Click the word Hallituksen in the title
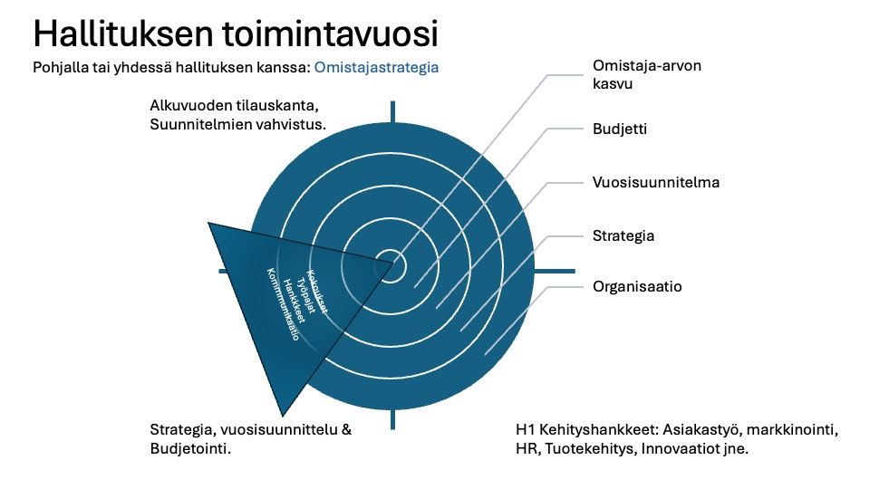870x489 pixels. [123, 34]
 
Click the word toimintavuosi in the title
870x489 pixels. [332, 34]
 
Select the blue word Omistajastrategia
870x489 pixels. [376, 68]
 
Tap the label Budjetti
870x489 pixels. [620, 129]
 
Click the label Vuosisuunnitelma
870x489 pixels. [656, 182]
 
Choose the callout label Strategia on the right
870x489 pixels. [623, 236]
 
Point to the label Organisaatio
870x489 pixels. [637, 287]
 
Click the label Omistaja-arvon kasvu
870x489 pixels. [647, 74]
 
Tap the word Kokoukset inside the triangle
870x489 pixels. [317, 292]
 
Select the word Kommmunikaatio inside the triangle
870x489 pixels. [283, 304]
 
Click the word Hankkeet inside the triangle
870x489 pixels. [294, 301]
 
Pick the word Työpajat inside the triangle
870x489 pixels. [305, 295]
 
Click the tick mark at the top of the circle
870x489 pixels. [392, 111]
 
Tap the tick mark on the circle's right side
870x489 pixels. [555, 271]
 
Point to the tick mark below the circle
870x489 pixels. [392, 419]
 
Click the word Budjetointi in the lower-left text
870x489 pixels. [190, 448]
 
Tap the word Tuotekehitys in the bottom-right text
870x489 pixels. [591, 448]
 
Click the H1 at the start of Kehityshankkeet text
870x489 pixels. [526, 429]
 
